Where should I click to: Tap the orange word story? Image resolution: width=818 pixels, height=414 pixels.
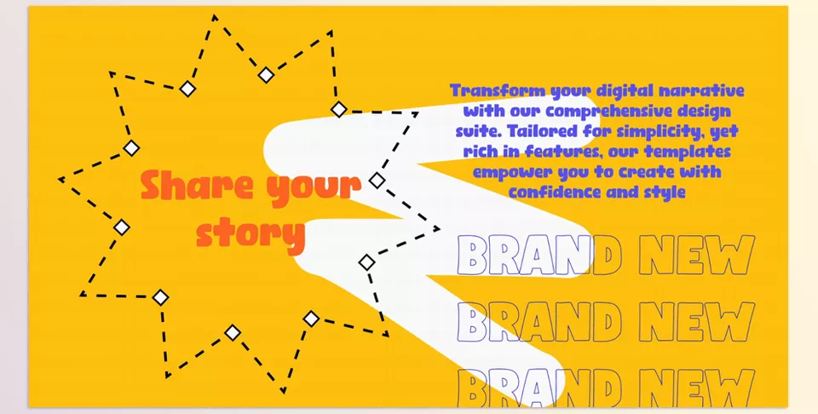click(251, 233)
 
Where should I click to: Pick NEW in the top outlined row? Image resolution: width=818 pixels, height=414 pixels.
click(697, 255)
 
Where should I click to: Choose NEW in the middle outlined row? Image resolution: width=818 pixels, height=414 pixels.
click(697, 322)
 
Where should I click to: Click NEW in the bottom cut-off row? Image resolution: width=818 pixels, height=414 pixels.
click(697, 388)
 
